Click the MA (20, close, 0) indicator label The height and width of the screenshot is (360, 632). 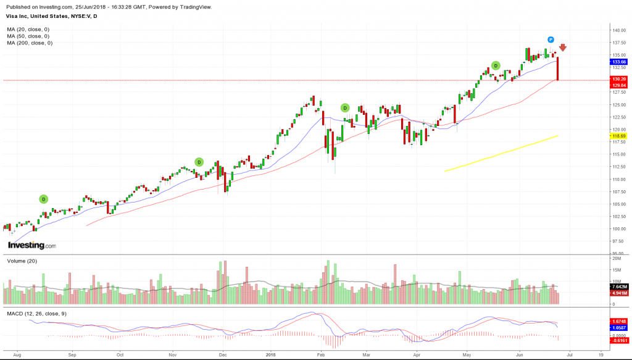pyautogui.click(x=28, y=30)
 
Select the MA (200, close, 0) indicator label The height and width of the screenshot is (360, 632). pyautogui.click(x=30, y=43)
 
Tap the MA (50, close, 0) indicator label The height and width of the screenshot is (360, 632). pyautogui.click(x=28, y=36)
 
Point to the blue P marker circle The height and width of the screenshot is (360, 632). pyautogui.click(x=551, y=40)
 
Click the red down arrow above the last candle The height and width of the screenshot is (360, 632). pyautogui.click(x=563, y=48)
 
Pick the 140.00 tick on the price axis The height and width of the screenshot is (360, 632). pyautogui.click(x=619, y=30)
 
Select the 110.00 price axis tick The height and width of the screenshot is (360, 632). pyautogui.click(x=619, y=179)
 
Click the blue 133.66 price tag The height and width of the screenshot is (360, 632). pyautogui.click(x=619, y=62)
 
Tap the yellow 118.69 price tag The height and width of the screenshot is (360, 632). pyautogui.click(x=619, y=136)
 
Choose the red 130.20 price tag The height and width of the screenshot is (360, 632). pyautogui.click(x=619, y=79)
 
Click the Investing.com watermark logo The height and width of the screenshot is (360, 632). pyautogui.click(x=31, y=245)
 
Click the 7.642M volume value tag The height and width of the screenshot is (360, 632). pyautogui.click(x=619, y=287)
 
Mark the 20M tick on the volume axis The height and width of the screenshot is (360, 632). pyautogui.click(x=617, y=259)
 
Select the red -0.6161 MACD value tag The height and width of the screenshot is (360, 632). pyautogui.click(x=619, y=340)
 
